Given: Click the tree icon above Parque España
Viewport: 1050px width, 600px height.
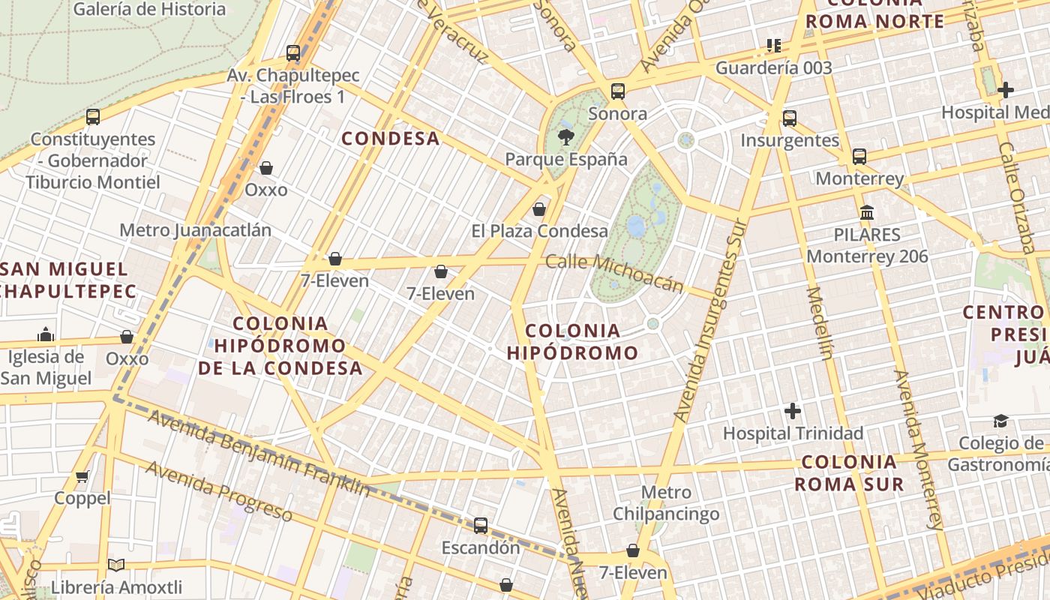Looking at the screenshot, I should click(x=565, y=136).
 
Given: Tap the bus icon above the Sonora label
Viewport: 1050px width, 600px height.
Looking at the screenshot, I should click(x=618, y=91).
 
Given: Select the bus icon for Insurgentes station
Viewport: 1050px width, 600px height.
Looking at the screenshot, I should click(x=789, y=118).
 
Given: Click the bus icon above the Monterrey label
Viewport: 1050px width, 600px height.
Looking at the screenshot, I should click(x=859, y=157).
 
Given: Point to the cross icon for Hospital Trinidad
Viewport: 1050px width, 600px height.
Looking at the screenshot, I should click(x=793, y=411).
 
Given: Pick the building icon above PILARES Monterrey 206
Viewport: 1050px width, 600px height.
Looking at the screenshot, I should click(x=867, y=212).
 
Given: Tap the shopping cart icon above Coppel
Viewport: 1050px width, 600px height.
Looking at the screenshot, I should click(x=82, y=476).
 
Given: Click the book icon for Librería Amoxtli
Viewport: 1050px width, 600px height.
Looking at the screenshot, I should click(x=115, y=565).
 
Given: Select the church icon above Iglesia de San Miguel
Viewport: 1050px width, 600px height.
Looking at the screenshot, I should click(x=46, y=334).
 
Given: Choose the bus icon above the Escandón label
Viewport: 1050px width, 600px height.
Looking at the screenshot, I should click(x=481, y=526).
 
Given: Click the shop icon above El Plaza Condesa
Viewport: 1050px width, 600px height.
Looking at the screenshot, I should click(x=538, y=209).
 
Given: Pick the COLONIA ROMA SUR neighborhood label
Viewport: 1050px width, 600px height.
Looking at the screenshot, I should click(x=849, y=472).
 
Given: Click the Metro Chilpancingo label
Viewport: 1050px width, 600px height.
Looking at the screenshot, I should click(x=666, y=503).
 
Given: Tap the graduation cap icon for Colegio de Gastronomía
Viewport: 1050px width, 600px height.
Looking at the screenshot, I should click(x=1000, y=421).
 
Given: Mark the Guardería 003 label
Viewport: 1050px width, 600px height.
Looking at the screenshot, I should click(x=773, y=68).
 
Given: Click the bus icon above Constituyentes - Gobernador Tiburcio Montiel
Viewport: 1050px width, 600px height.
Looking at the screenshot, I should click(x=93, y=117).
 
